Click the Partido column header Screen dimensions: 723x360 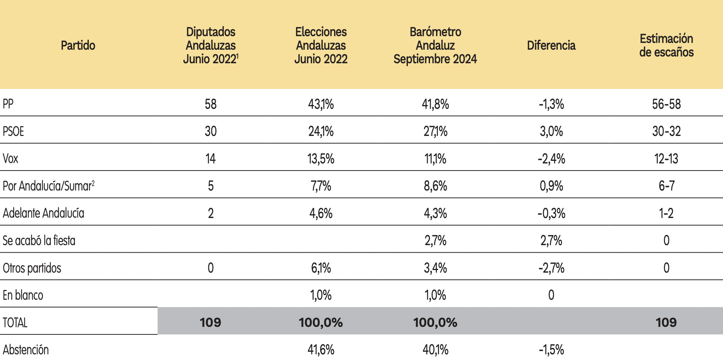click(78, 45)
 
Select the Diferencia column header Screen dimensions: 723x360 click(551, 45)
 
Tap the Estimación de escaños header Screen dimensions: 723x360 click(666, 45)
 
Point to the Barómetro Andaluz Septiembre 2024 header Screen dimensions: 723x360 click(435, 45)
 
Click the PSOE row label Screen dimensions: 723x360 click(13, 131)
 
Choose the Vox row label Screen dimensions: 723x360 click(11, 159)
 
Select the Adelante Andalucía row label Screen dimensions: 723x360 click(43, 213)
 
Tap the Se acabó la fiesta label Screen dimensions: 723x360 click(39, 240)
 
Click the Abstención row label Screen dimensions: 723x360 click(26, 349)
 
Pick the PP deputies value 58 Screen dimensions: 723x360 click(210, 104)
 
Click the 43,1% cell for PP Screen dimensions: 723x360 click(321, 104)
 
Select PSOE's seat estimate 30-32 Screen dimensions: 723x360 click(667, 131)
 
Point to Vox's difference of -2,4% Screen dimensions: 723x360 click(551, 159)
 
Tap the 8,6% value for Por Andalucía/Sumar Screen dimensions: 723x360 click(435, 186)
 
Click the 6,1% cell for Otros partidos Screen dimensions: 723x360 click(321, 268)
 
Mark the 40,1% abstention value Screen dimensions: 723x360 click(435, 350)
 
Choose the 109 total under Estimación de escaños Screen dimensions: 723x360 click(666, 322)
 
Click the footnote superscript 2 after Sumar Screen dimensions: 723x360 click(93, 183)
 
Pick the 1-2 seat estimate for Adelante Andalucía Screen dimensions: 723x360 click(666, 213)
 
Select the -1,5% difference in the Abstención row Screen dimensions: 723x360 click(551, 350)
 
